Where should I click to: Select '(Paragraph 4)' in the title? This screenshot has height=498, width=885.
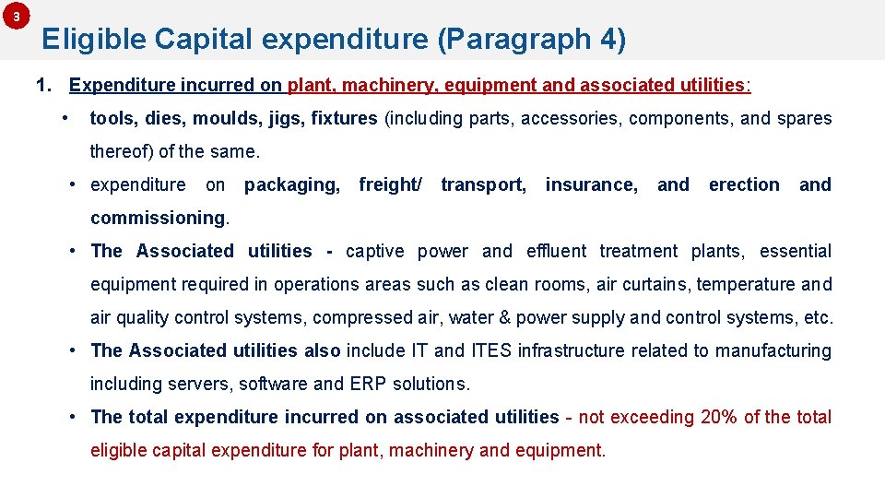[532, 40]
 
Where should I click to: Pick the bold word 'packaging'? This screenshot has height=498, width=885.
[290, 184]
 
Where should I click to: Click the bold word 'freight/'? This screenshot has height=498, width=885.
[390, 184]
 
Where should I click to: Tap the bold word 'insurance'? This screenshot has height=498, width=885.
[591, 184]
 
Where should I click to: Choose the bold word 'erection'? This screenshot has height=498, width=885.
[744, 184]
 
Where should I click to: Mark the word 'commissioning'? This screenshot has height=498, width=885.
[158, 219]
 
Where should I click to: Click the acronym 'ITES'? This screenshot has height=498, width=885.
[491, 350]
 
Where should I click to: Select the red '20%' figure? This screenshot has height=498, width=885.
[719, 417]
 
